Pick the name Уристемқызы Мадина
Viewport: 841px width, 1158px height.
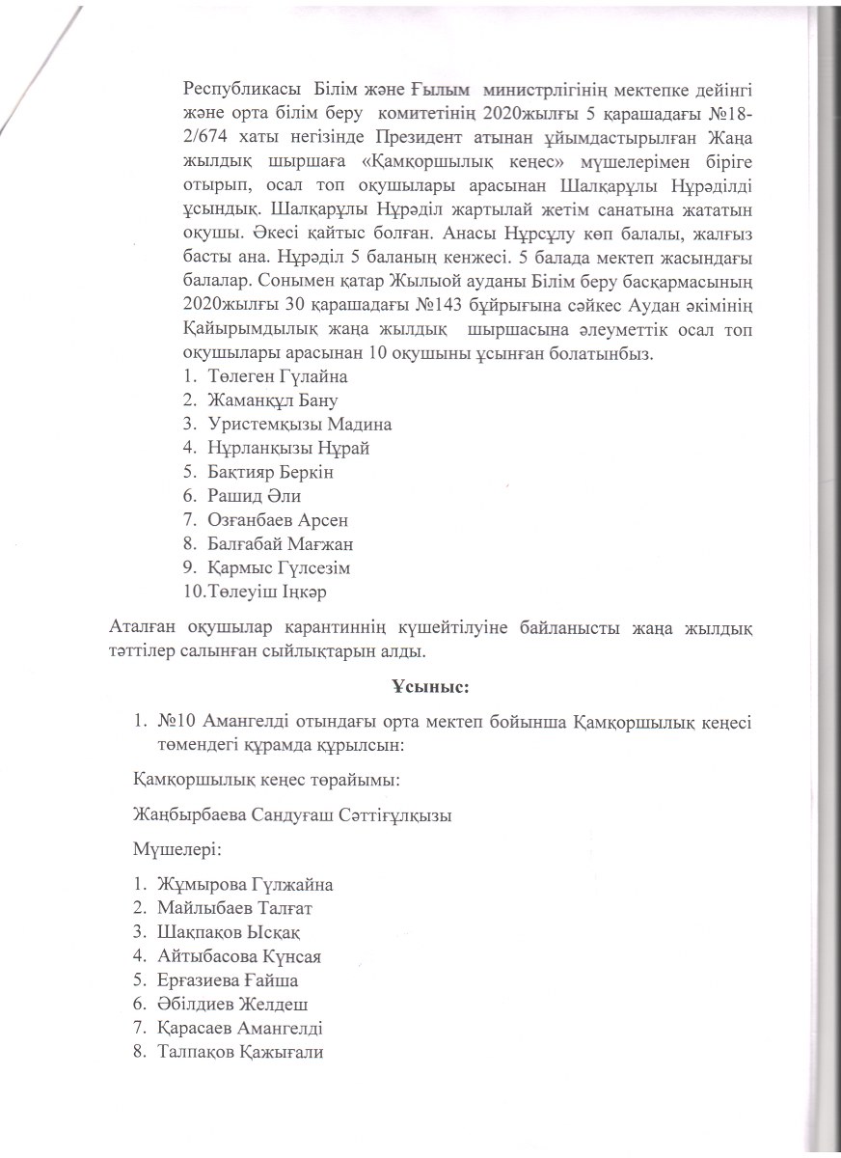point(299,424)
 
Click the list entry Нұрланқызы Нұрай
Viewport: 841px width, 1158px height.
point(287,448)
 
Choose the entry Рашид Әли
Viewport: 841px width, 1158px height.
point(254,496)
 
